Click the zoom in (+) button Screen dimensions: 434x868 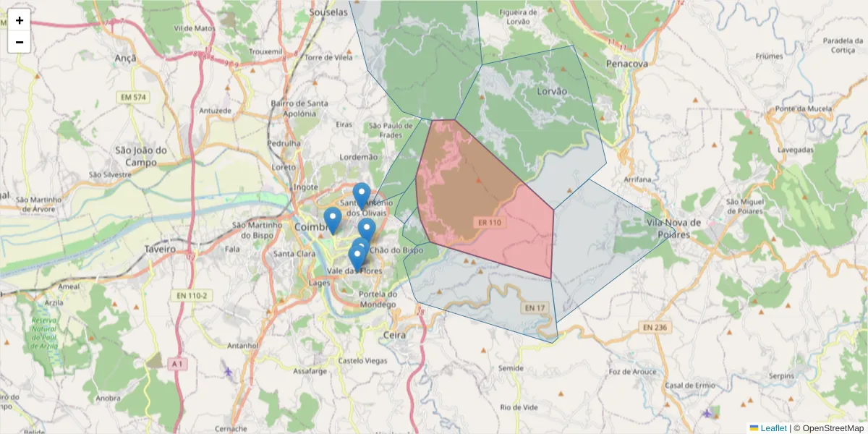click(x=20, y=20)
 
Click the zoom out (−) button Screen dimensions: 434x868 click(x=20, y=42)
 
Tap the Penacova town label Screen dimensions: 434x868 click(x=626, y=64)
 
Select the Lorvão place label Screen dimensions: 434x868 click(x=552, y=92)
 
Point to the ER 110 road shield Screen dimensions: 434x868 click(x=489, y=223)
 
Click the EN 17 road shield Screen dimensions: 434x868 click(x=534, y=308)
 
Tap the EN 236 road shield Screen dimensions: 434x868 click(x=656, y=328)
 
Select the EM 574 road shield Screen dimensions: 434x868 click(x=132, y=97)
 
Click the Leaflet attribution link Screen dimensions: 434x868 click(x=773, y=428)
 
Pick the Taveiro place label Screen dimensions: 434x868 click(x=160, y=249)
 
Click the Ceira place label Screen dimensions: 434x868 click(x=394, y=336)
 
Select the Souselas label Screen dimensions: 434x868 click(x=328, y=12)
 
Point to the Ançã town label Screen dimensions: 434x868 click(x=126, y=56)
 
